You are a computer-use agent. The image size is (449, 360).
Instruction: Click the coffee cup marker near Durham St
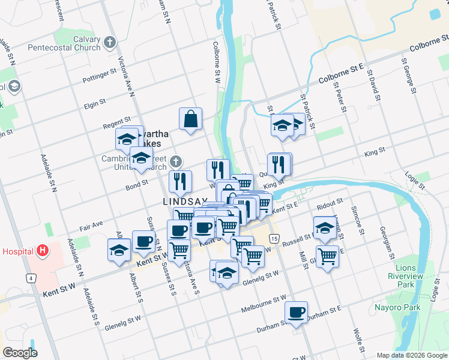pyautogui.click(x=296, y=313)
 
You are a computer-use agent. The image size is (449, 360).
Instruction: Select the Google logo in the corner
pyautogui.click(x=20, y=353)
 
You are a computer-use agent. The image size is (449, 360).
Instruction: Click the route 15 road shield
pyautogui.click(x=274, y=239)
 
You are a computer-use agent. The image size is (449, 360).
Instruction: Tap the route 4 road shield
pyautogui.click(x=29, y=278)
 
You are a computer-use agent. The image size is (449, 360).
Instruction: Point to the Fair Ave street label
pyautogui.click(x=92, y=229)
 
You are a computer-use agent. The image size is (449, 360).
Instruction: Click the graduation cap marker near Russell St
pyautogui.click(x=324, y=228)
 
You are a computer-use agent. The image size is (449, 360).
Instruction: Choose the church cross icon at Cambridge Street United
pyautogui.click(x=175, y=161)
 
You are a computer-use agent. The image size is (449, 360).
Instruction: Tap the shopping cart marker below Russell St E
pyautogui.click(x=327, y=256)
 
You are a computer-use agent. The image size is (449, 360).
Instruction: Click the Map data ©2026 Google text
pyautogui.click(x=411, y=355)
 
